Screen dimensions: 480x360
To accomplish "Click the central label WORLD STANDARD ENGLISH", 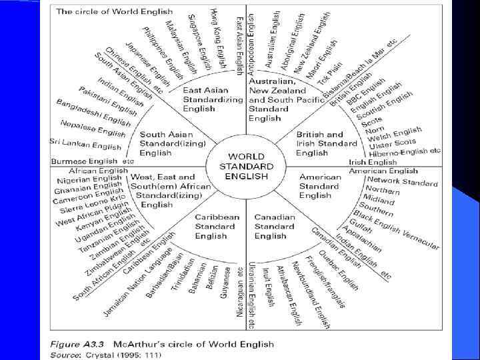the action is tap(247, 167).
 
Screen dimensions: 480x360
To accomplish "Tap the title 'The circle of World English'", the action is tap(115, 11).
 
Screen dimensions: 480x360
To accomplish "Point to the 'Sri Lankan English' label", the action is tap(85, 145).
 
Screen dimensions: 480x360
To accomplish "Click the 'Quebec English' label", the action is tap(340, 271).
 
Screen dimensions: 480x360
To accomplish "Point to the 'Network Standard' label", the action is tap(403, 181).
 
